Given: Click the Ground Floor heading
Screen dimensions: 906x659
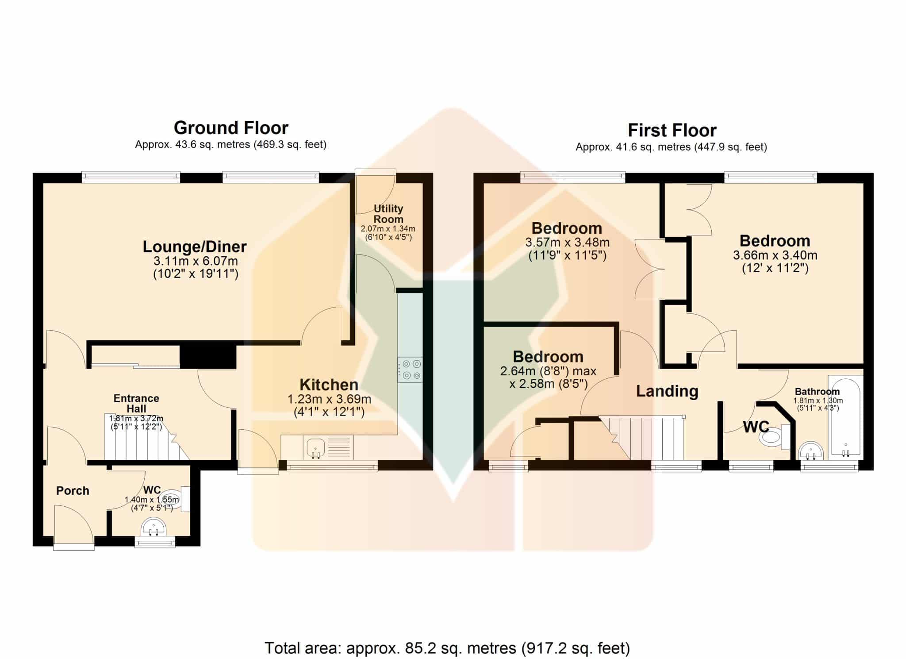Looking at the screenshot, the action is [231, 128].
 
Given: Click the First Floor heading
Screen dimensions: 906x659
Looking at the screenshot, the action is [672, 131].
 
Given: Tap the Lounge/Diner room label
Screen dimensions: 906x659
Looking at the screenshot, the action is [195, 247].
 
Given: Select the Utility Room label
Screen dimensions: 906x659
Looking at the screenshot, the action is [388, 214].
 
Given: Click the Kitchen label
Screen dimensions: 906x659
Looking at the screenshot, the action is [329, 384].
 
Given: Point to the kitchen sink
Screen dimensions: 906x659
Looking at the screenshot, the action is [315, 447].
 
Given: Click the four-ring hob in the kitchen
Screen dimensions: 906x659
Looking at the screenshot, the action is [410, 370].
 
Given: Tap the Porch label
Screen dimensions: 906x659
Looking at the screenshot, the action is [73, 490].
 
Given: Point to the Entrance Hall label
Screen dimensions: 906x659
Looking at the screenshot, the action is [136, 403].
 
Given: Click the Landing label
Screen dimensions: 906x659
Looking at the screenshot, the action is [667, 391].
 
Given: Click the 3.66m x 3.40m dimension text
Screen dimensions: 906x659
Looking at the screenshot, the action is [775, 255].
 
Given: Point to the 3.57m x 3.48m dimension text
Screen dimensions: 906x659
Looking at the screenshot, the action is [567, 243].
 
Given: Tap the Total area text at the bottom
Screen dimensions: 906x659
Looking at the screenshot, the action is [447, 648].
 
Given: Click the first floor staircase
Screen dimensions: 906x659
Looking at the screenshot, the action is [641, 438].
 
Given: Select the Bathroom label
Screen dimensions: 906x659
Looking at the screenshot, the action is [817, 392].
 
